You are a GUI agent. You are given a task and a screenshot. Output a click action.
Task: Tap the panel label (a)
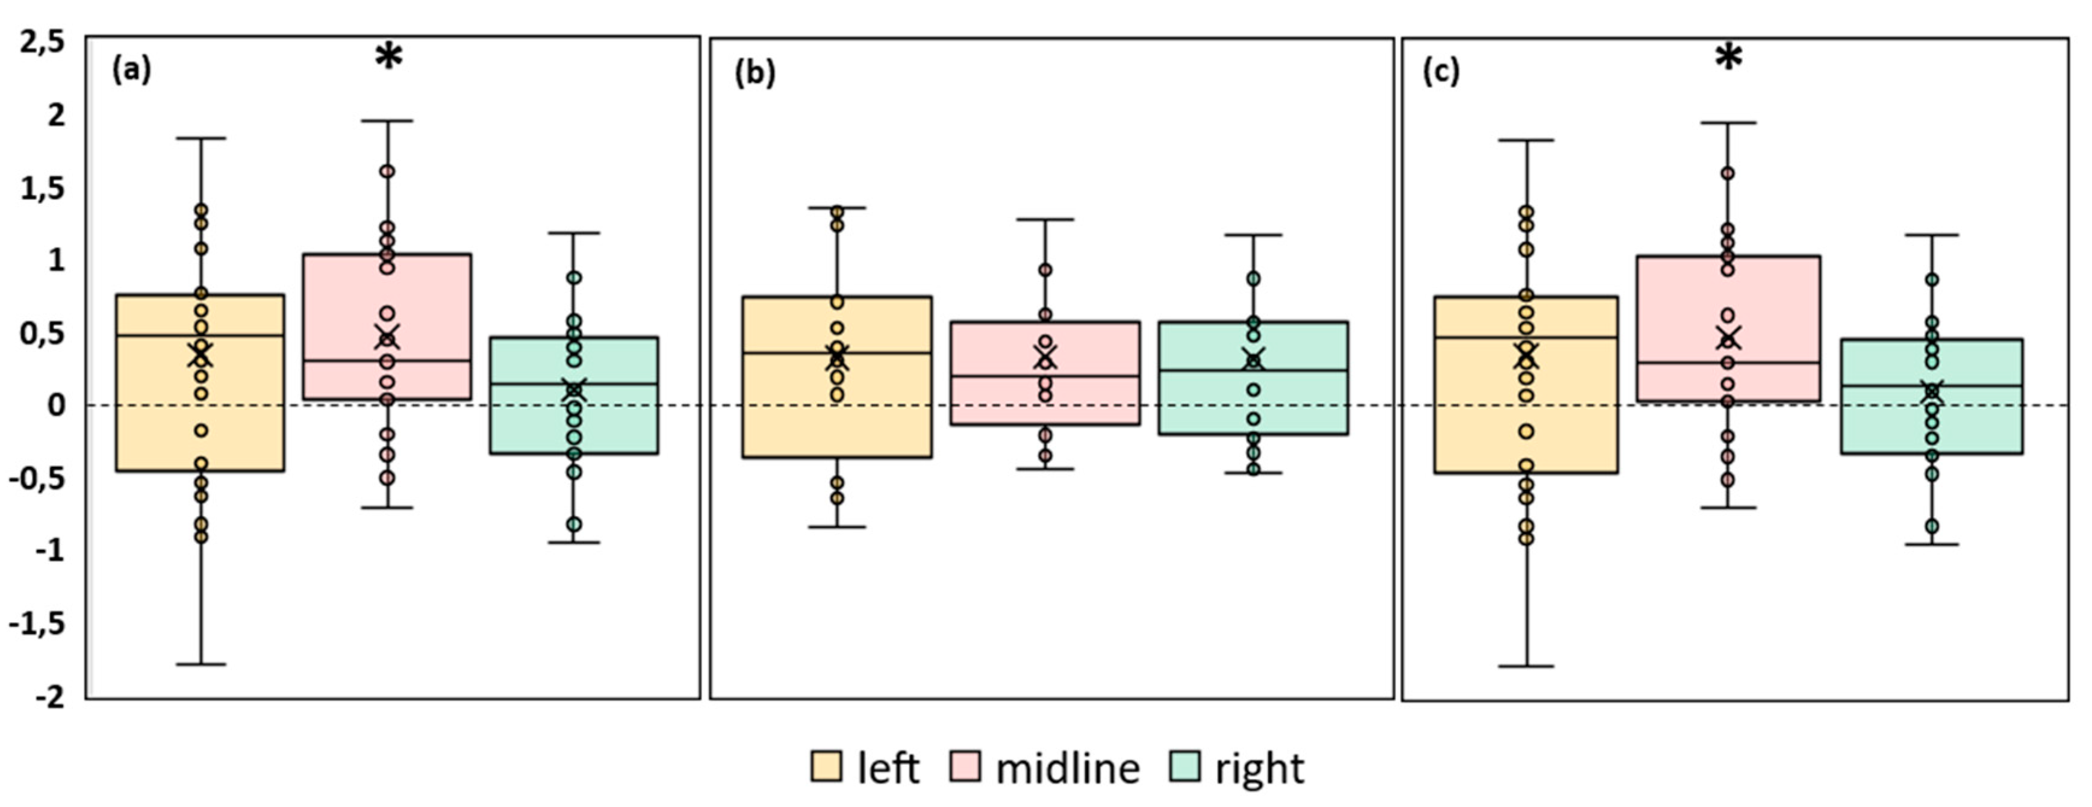click(x=131, y=70)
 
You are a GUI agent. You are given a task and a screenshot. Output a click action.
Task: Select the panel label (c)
click(x=1440, y=72)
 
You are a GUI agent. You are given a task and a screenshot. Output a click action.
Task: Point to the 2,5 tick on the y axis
click(x=42, y=42)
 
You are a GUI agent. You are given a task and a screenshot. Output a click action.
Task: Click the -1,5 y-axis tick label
click(x=37, y=625)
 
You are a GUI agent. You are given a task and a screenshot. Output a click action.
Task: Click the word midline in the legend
click(x=1067, y=767)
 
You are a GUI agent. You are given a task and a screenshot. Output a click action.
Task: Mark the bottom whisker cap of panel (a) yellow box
click(x=201, y=664)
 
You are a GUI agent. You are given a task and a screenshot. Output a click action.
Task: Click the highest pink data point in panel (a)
click(x=387, y=171)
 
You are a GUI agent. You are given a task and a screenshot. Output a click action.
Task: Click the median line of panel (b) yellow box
click(x=836, y=352)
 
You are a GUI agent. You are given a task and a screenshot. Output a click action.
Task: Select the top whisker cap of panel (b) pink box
click(x=1045, y=219)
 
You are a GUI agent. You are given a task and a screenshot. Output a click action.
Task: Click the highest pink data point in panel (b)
click(x=1045, y=270)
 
